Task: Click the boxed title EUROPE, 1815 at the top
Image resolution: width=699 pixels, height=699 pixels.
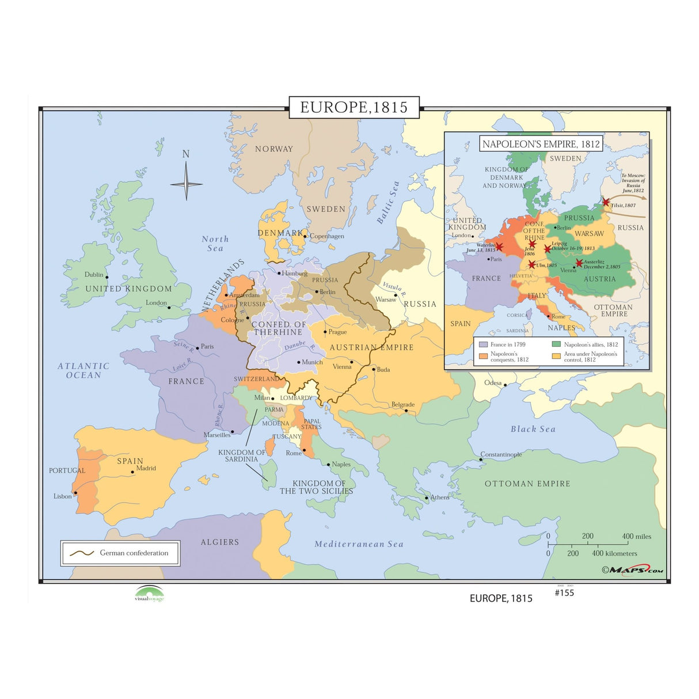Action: click(x=354, y=108)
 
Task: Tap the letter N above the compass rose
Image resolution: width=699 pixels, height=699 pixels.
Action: click(x=186, y=154)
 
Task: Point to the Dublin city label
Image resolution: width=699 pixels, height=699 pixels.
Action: click(x=94, y=275)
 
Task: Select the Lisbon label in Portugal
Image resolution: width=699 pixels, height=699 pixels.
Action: click(x=63, y=496)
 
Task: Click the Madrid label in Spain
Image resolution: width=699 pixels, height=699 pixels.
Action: click(x=146, y=468)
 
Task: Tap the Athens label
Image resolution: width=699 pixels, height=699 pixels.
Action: click(x=440, y=497)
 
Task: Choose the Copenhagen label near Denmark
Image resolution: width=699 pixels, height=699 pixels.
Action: click(x=326, y=236)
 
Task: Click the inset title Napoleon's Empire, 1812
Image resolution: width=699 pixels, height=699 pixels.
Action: click(x=541, y=144)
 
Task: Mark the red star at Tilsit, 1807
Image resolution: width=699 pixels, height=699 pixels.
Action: click(x=606, y=202)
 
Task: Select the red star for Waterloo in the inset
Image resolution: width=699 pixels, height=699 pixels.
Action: click(x=499, y=247)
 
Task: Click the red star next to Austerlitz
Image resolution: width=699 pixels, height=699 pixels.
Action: click(x=579, y=263)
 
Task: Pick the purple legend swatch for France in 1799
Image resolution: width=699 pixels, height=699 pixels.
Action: click(x=483, y=344)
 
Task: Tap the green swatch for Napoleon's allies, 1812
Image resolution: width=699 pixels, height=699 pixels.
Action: click(x=556, y=344)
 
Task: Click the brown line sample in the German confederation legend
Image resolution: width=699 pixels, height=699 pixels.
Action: click(x=82, y=553)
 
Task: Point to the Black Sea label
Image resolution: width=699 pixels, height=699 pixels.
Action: click(x=533, y=429)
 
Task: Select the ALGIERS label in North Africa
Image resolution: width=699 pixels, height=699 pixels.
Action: click(x=219, y=542)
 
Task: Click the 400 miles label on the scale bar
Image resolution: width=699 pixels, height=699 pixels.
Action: click(x=636, y=536)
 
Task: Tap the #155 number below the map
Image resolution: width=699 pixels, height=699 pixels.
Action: click(x=564, y=592)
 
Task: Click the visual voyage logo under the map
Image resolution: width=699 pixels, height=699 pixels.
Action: click(x=150, y=594)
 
